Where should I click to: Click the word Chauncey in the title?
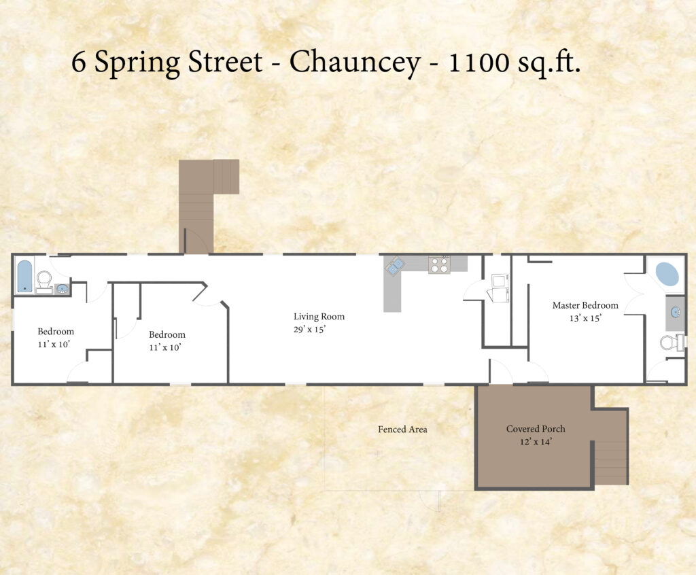[355, 62]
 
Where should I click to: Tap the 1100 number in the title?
[479, 62]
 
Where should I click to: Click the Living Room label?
[319, 317]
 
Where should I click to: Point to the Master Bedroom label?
[585, 305]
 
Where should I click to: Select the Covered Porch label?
[536, 429]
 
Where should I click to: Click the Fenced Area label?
[402, 430]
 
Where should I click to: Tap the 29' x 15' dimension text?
[309, 330]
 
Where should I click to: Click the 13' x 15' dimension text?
[585, 318]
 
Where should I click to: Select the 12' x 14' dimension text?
[536, 442]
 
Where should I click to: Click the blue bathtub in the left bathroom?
[24, 276]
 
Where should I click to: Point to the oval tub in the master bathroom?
[667, 274]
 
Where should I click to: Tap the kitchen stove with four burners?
[440, 265]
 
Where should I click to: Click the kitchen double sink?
[395, 266]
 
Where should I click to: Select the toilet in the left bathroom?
[44, 282]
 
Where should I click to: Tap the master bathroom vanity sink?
[675, 312]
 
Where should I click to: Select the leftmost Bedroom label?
[56, 332]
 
